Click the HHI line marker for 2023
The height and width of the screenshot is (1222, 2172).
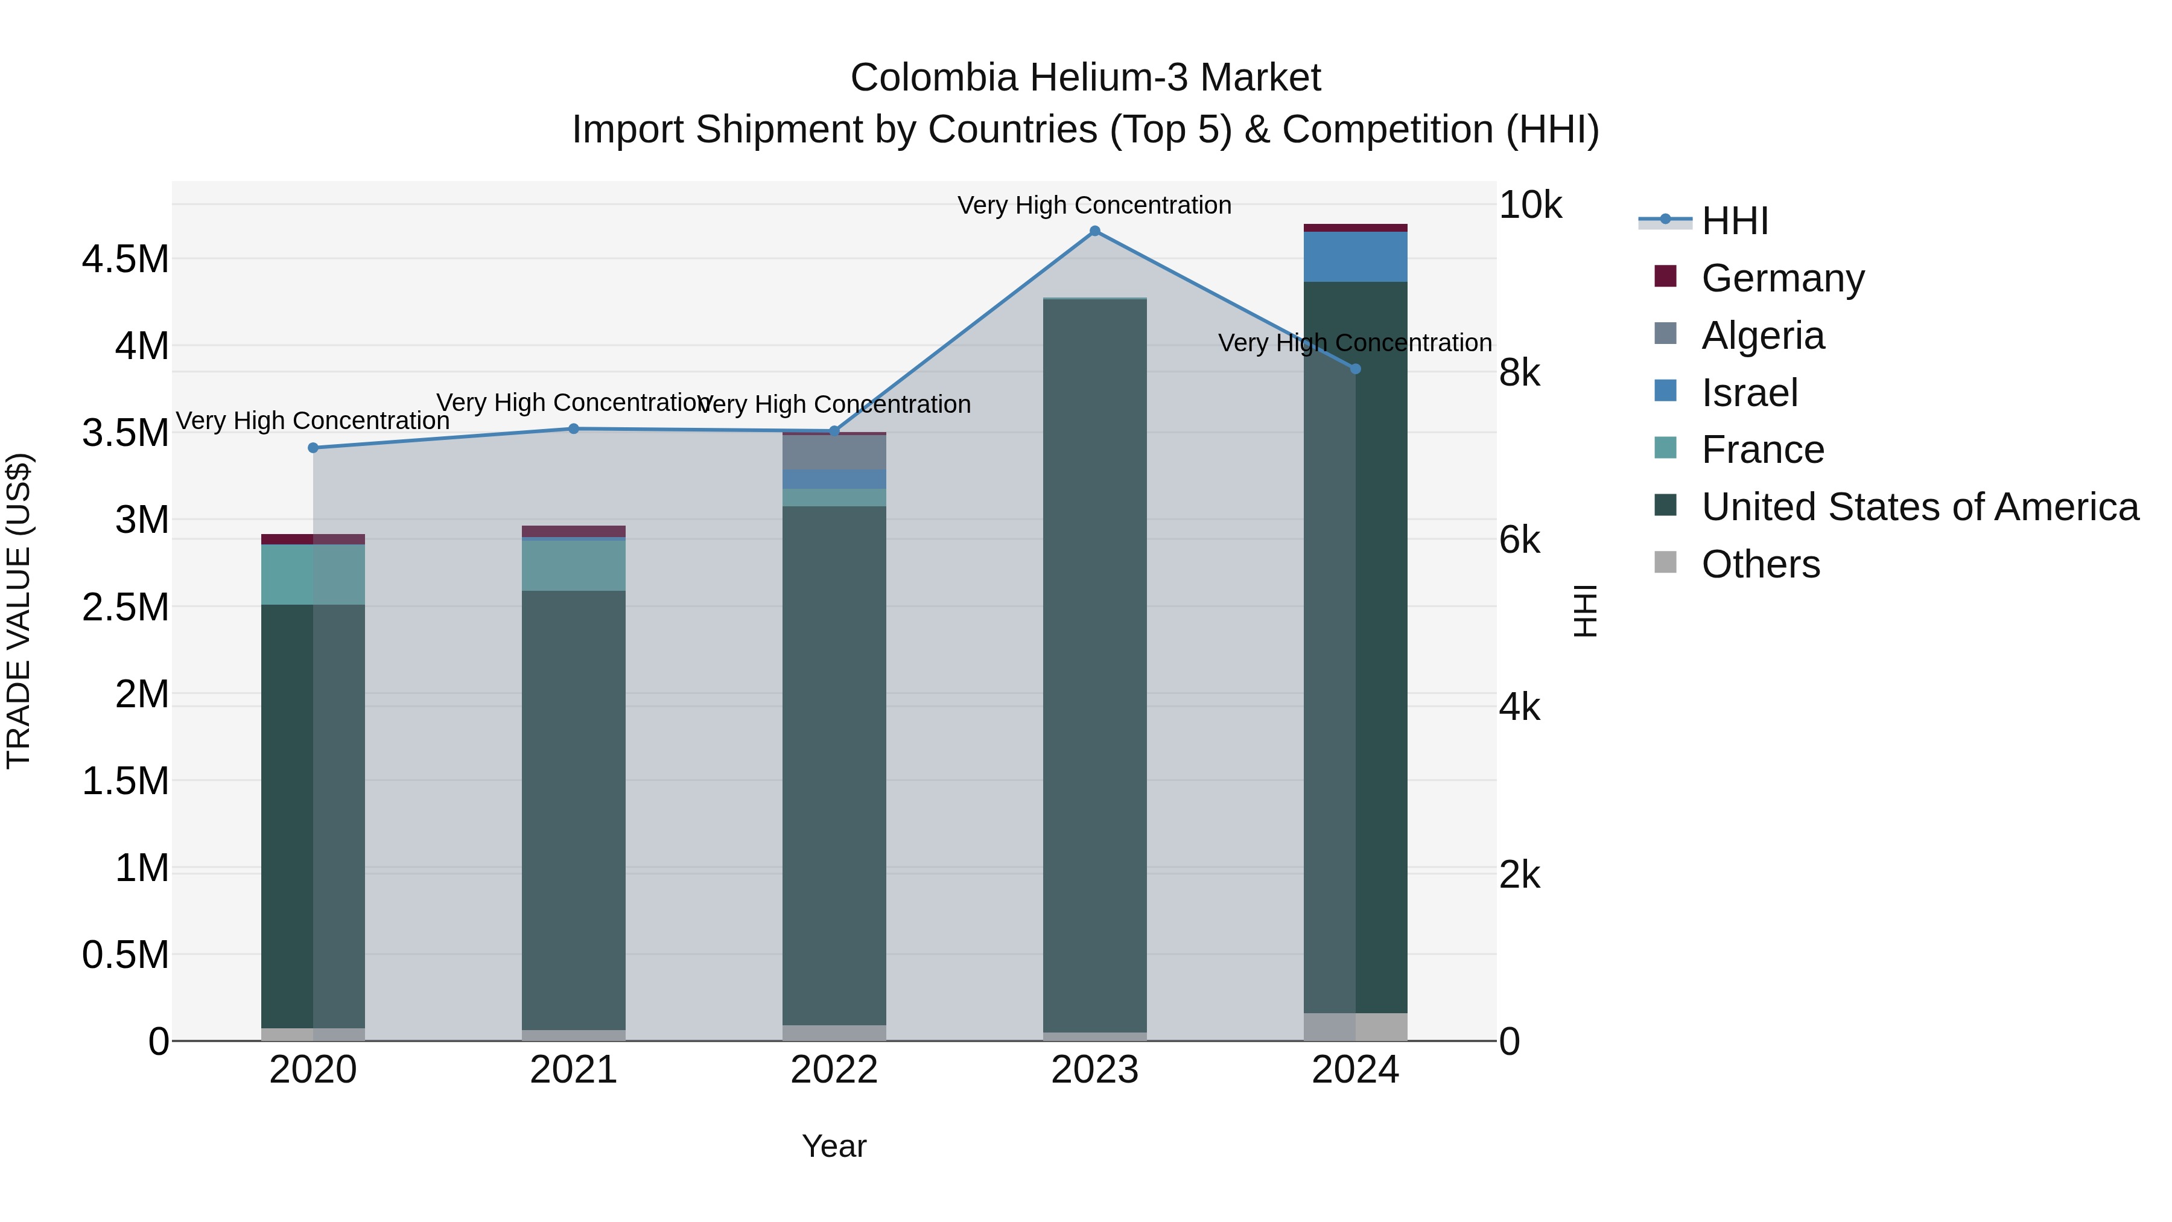tap(1094, 231)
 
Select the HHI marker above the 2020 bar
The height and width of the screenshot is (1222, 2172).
tap(313, 448)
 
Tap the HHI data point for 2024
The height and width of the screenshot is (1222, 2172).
tap(1355, 369)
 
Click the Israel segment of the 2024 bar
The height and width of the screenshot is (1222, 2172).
tap(1355, 256)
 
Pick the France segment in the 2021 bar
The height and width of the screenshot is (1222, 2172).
tap(573, 565)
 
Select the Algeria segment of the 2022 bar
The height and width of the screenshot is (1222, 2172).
tap(834, 453)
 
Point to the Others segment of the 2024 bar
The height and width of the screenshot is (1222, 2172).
tap(1355, 1026)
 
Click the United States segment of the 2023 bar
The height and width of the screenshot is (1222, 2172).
tap(1094, 666)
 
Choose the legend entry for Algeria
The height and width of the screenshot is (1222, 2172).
tap(1762, 336)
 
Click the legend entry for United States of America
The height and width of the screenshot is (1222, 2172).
tap(1919, 507)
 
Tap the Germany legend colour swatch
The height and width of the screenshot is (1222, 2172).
tap(1665, 276)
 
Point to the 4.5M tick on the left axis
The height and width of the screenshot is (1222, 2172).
tap(125, 259)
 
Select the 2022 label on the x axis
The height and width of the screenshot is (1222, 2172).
tap(834, 1070)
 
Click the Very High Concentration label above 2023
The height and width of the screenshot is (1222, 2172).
tap(1094, 205)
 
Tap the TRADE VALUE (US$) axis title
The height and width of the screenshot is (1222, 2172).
tap(19, 611)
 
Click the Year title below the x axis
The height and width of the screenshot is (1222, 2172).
tap(834, 1146)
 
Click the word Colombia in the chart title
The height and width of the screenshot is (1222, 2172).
tap(933, 78)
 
